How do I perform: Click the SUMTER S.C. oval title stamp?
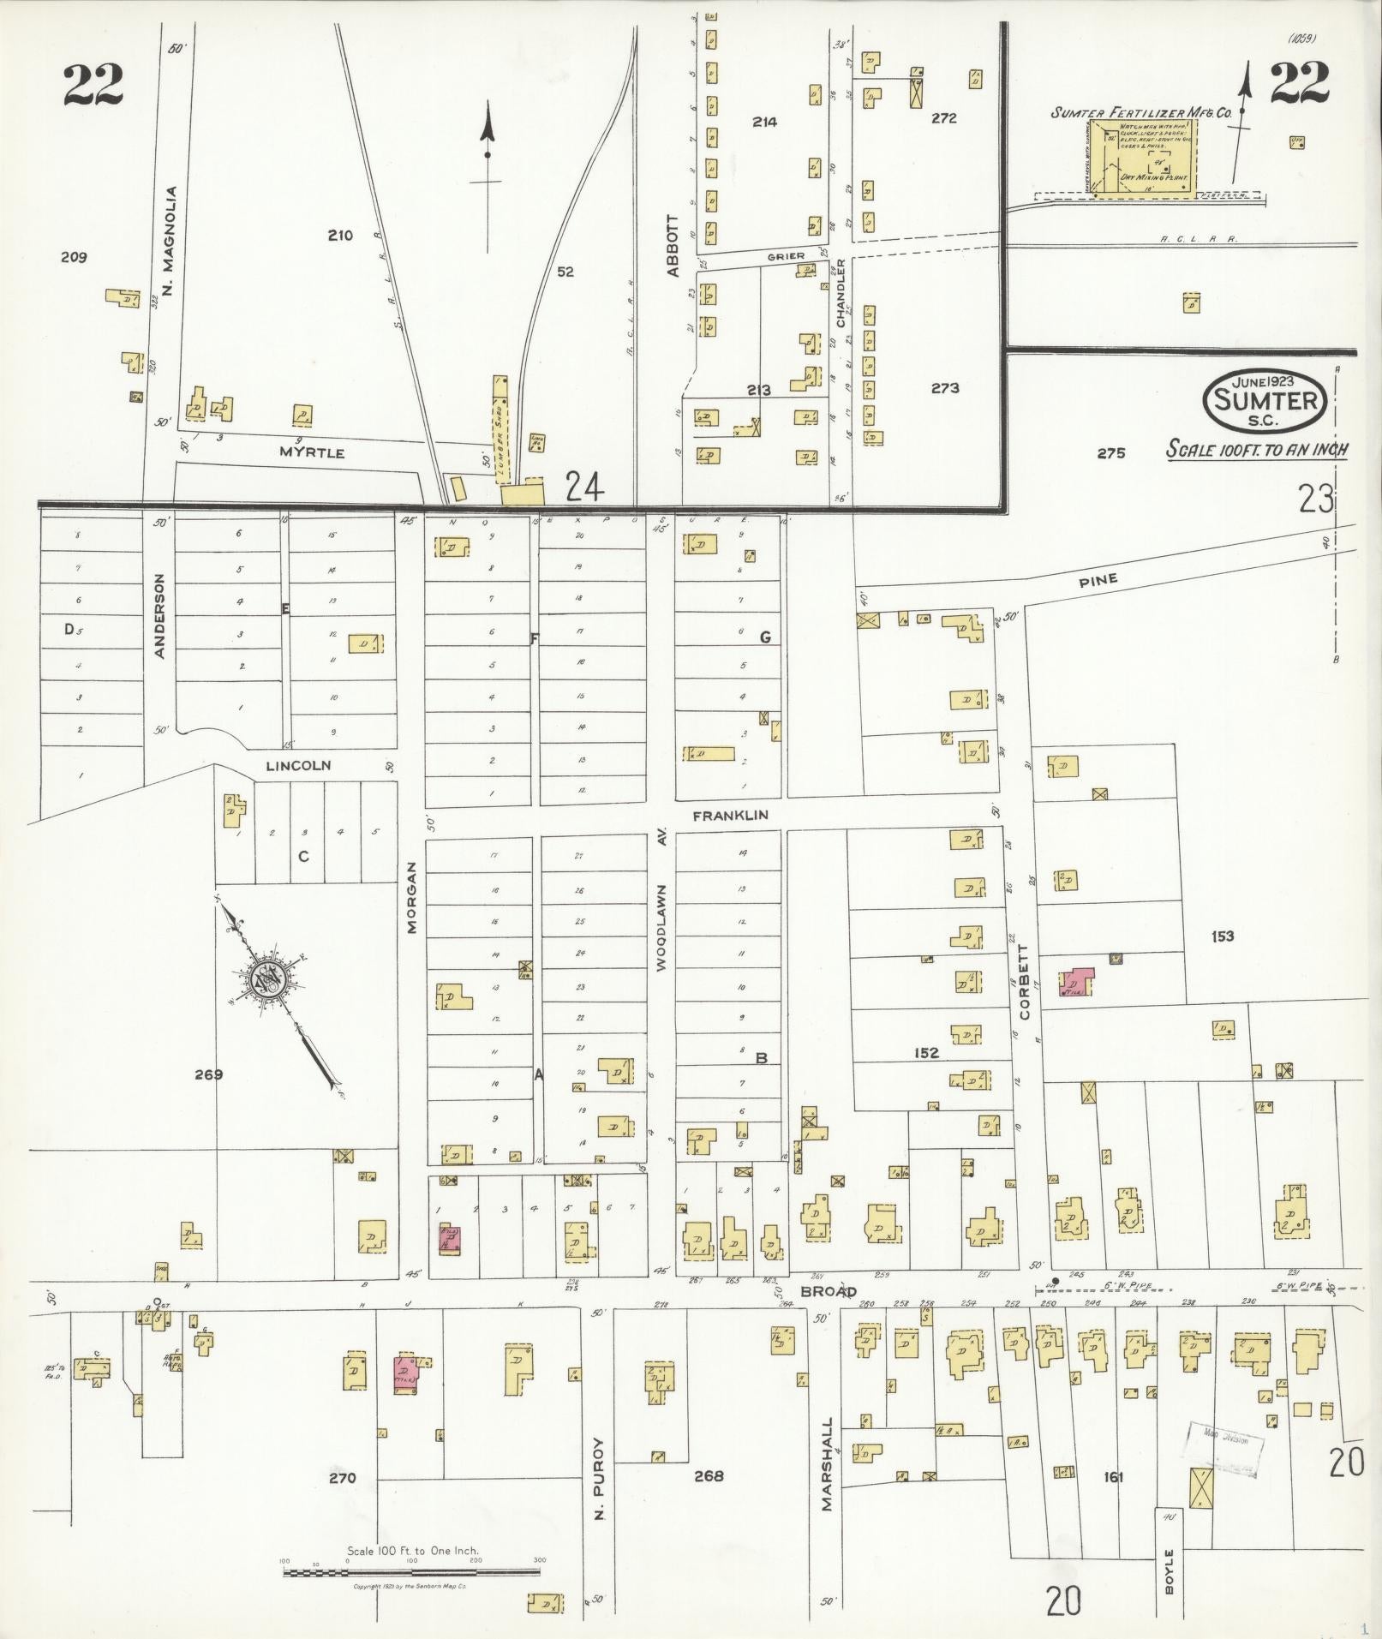(1265, 399)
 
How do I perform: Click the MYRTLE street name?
(312, 452)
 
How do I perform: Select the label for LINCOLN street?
(298, 765)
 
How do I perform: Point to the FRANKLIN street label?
(730, 816)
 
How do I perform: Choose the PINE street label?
(1098, 580)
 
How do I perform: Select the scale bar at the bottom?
(414, 1573)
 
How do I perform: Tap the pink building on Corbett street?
(1076, 982)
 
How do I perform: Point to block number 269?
(208, 1074)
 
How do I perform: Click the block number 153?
(1223, 936)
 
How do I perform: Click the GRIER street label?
(786, 256)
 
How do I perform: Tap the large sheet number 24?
(584, 488)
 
